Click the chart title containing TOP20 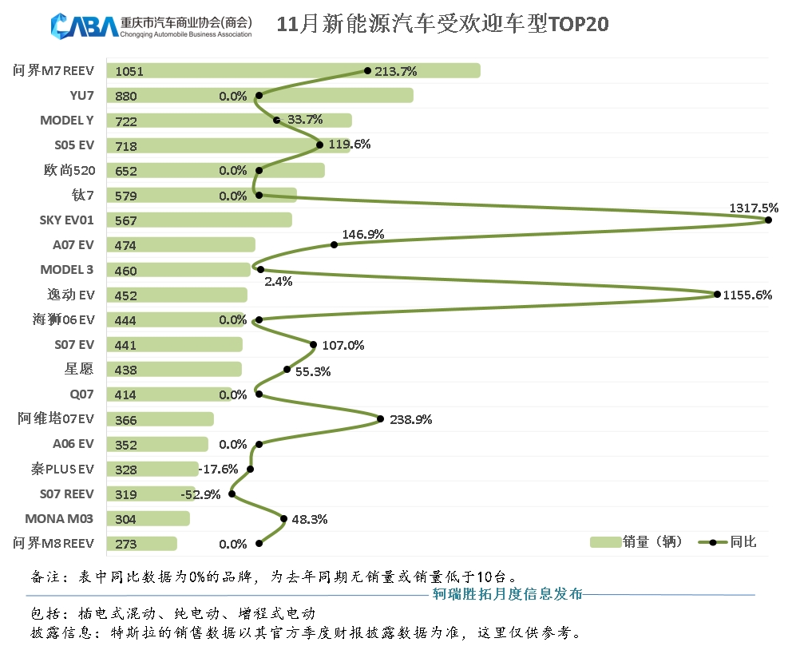(442, 24)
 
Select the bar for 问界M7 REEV (295, 71)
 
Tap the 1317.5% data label (753, 208)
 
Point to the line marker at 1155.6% (717, 295)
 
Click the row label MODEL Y (66, 121)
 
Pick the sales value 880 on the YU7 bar (126, 97)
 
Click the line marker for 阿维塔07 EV (380, 418)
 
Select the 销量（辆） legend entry (636, 542)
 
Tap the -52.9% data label (200, 494)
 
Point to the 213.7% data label (396, 71)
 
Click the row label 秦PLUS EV (62, 469)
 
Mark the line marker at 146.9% (334, 244)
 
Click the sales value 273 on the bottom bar (126, 545)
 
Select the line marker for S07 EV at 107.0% (313, 344)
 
